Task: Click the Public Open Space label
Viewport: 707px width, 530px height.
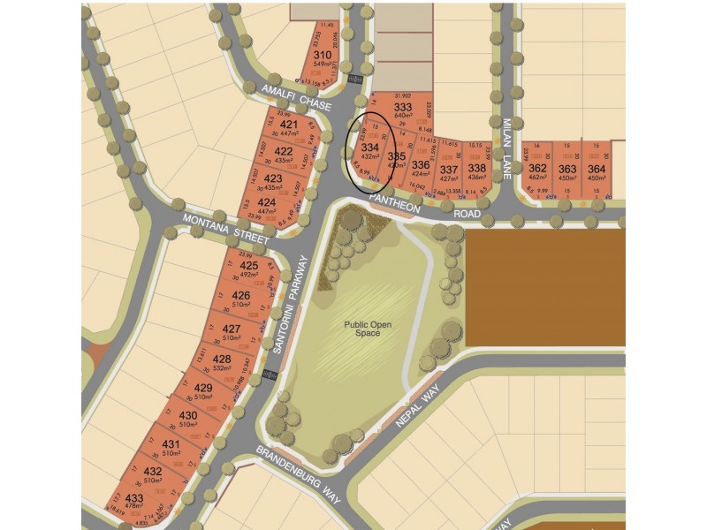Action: tap(362, 329)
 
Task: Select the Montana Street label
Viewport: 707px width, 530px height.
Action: tap(225, 229)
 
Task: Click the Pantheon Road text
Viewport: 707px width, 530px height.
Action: tap(430, 208)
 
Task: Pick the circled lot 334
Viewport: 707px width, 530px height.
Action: tap(371, 147)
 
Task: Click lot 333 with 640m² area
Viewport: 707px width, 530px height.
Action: tap(403, 108)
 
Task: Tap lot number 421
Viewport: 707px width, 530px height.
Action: tap(288, 125)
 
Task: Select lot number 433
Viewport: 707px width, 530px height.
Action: tap(134, 498)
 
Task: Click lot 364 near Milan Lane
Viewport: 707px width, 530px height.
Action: tap(597, 169)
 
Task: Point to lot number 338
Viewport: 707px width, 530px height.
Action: tap(476, 169)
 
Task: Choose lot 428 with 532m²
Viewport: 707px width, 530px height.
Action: tap(222, 359)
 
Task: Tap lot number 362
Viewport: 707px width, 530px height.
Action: tap(537, 169)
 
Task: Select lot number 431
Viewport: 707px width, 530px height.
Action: tap(171, 443)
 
